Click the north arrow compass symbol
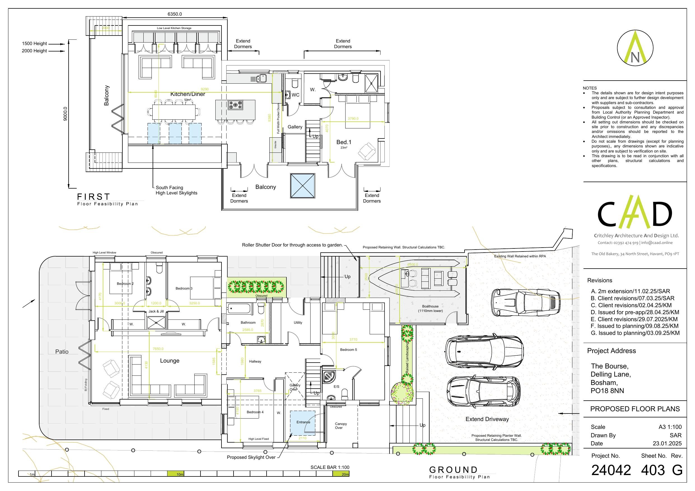pos(635,48)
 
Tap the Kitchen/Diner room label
pos(188,94)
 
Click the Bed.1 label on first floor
pos(344,142)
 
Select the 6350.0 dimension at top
pos(175,14)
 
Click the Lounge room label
pos(169,361)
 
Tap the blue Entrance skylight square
pos(303,423)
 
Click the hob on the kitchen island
pos(235,105)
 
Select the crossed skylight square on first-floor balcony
pos(303,186)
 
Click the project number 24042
pos(611,470)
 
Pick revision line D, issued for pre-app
pos(635,312)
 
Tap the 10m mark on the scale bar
pos(180,474)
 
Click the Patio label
pos(62,352)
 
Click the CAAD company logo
pos(635,216)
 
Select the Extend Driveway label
pos(487,419)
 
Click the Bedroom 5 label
pos(348,350)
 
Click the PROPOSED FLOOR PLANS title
pos(635,409)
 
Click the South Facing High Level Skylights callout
pos(176,190)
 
